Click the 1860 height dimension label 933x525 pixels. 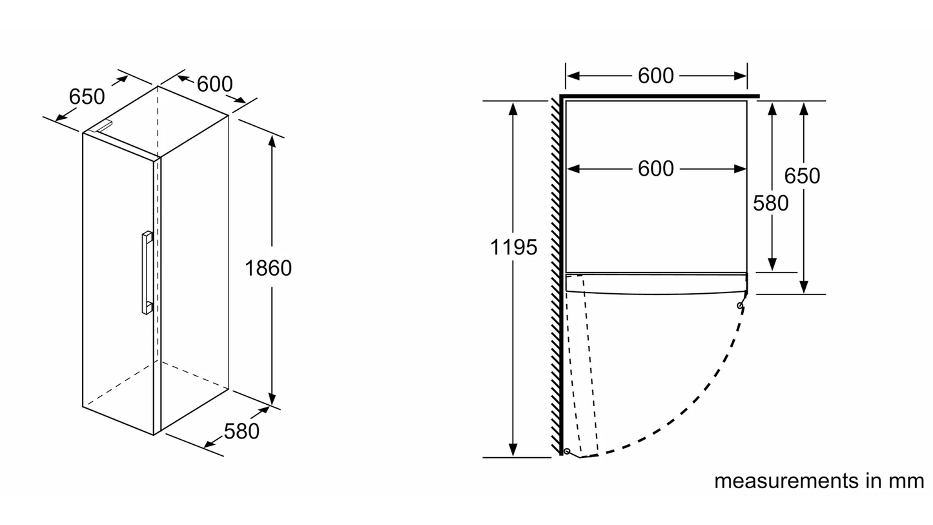pyautogui.click(x=268, y=268)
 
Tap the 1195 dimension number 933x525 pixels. pyautogui.click(x=513, y=247)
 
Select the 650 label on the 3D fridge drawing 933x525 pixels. pyautogui.click(x=87, y=97)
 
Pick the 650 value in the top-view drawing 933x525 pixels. pyautogui.click(x=802, y=176)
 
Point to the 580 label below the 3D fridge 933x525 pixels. pyautogui.click(x=241, y=431)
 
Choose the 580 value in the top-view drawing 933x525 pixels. pyautogui.click(x=771, y=203)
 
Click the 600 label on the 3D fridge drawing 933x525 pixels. pyautogui.click(x=214, y=84)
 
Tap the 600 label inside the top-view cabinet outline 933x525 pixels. pyautogui.click(x=655, y=169)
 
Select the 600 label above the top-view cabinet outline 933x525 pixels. pyautogui.click(x=655, y=76)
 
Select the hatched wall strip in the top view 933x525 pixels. pyautogui.click(x=555, y=278)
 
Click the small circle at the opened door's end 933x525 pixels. pyautogui.click(x=567, y=451)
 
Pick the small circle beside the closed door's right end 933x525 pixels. pyautogui.click(x=740, y=305)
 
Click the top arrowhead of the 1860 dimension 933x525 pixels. pyautogui.click(x=272, y=141)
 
